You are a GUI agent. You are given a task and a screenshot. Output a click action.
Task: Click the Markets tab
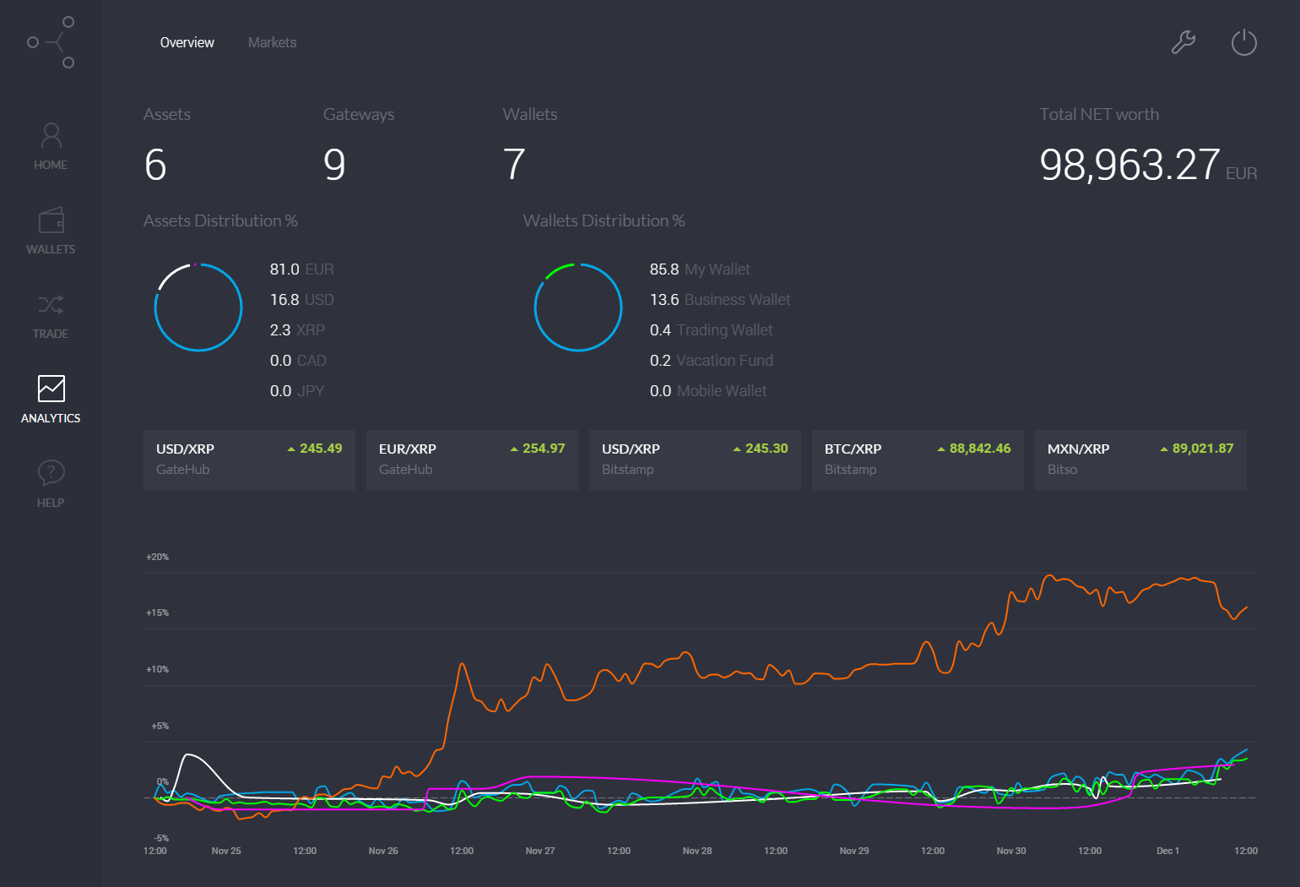(272, 42)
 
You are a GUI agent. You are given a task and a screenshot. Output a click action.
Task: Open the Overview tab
(187, 42)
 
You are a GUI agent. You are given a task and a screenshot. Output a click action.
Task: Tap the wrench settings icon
(1184, 42)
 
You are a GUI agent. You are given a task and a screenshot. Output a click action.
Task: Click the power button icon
(1243, 42)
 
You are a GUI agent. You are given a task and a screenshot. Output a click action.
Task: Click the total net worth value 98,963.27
(1129, 165)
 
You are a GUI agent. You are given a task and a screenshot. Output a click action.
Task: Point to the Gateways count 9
(334, 165)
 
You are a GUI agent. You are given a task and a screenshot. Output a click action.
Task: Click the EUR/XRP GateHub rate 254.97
(543, 449)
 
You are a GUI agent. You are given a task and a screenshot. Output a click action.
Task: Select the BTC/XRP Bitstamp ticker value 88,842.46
(979, 449)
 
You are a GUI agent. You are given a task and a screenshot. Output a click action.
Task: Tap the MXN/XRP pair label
(1078, 449)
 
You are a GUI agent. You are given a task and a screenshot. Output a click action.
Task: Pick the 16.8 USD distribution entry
(301, 300)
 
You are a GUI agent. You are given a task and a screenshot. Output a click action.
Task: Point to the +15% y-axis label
(158, 612)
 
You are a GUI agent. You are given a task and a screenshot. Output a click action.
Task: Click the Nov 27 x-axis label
(540, 851)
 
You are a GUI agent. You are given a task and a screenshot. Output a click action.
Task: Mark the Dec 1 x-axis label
(1167, 851)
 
